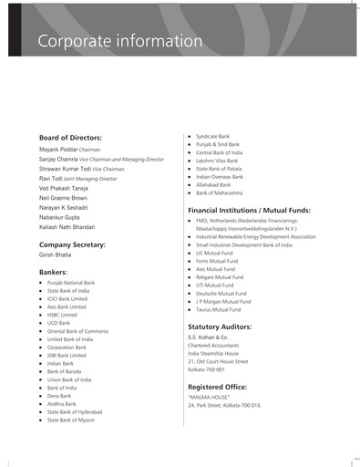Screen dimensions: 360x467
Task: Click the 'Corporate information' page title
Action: coord(118,42)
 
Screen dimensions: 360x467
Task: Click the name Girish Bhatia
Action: coord(56,256)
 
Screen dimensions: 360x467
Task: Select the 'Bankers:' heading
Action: coord(53,273)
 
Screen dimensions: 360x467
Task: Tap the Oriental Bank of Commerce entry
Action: coord(77,331)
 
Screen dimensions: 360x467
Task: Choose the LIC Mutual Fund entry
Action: coord(215,254)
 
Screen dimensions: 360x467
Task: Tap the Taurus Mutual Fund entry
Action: coord(218,310)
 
